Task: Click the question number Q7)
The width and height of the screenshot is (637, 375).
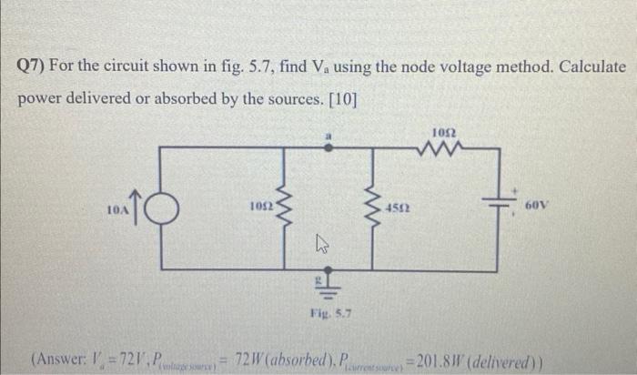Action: (x=33, y=68)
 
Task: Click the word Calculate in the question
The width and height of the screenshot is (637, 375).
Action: (x=584, y=68)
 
